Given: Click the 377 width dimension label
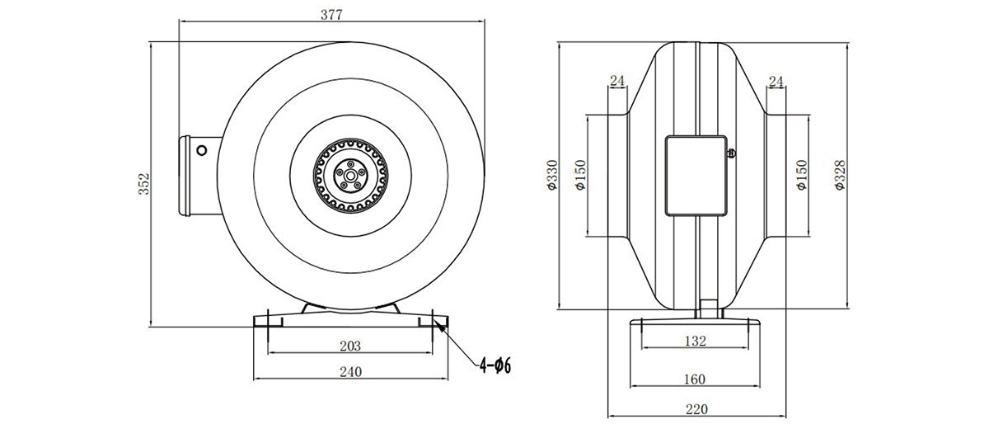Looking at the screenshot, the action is [331, 15].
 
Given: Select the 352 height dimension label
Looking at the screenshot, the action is [144, 183].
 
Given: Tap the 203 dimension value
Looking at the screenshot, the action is [350, 346].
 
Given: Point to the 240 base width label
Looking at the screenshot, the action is [350, 372].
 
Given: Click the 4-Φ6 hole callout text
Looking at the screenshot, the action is [495, 365].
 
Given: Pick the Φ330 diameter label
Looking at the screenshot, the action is [552, 175].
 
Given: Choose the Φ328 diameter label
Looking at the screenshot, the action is [840, 175].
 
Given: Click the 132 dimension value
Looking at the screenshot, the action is [696, 341].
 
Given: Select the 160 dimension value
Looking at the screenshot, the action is [695, 379].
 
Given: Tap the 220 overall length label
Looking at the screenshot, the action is [696, 409].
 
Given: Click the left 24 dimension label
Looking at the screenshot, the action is [617, 81].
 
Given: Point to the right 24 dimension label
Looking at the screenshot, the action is [776, 82].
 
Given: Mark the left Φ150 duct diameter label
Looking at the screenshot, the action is [580, 175].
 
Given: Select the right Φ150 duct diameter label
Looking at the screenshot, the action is [802, 175].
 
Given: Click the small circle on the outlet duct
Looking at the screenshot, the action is [201, 150].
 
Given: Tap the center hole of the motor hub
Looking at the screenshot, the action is [350, 176].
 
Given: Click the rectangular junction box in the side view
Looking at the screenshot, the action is [696, 176].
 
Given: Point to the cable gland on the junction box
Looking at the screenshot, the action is [731, 153].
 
